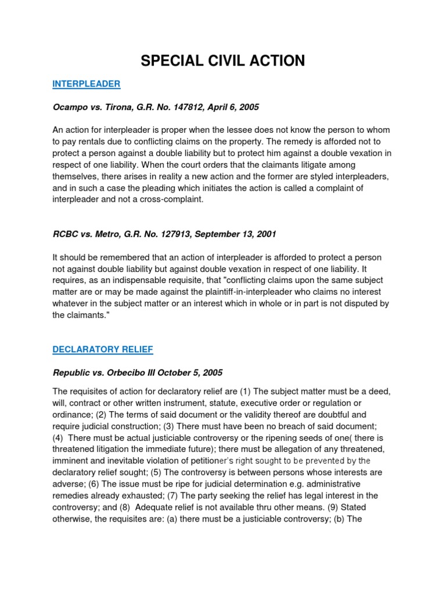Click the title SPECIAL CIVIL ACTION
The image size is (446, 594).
(223, 60)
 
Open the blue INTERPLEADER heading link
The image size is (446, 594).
(86, 84)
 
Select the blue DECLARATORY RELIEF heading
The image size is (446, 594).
(103, 349)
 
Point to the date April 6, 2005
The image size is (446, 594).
(232, 107)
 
